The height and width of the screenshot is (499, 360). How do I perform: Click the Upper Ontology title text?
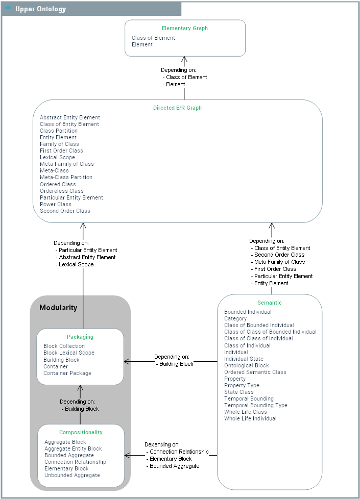pyautogui.click(x=40, y=9)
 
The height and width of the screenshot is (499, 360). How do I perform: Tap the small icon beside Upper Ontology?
pyautogui.click(x=8, y=9)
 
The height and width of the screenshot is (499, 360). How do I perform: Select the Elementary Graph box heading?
pyautogui.click(x=185, y=29)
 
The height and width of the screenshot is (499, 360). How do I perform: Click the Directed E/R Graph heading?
pyautogui.click(x=177, y=108)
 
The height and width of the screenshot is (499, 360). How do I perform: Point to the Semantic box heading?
pyautogui.click(x=270, y=303)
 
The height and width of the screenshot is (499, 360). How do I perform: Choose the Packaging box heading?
pyautogui.click(x=80, y=337)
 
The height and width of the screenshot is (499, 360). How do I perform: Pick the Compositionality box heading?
pyautogui.click(x=81, y=432)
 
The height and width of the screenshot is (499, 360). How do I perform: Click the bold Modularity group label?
pyautogui.click(x=58, y=308)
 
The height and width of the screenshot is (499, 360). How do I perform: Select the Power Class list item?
pyautogui.click(x=56, y=204)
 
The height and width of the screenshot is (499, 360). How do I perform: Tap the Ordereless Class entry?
pyautogui.click(x=62, y=191)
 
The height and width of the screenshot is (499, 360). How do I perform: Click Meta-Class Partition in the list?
pyautogui.click(x=66, y=177)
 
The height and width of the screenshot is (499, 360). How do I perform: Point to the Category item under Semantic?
pyautogui.click(x=235, y=318)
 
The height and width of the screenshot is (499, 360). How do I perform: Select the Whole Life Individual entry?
pyautogui.click(x=250, y=418)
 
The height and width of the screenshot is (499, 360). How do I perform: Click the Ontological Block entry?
pyautogui.click(x=247, y=365)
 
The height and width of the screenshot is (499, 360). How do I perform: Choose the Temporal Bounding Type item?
pyautogui.click(x=256, y=405)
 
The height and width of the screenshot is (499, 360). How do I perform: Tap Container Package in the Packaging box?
pyautogui.click(x=67, y=373)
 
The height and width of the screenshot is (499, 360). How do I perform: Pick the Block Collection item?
pyautogui.click(x=64, y=346)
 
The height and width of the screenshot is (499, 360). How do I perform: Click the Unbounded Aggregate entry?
pyautogui.click(x=72, y=475)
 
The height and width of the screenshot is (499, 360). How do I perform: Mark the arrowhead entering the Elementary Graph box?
pyautogui.click(x=184, y=59)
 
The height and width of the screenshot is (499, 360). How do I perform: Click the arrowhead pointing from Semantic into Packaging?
pyautogui.click(x=127, y=362)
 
